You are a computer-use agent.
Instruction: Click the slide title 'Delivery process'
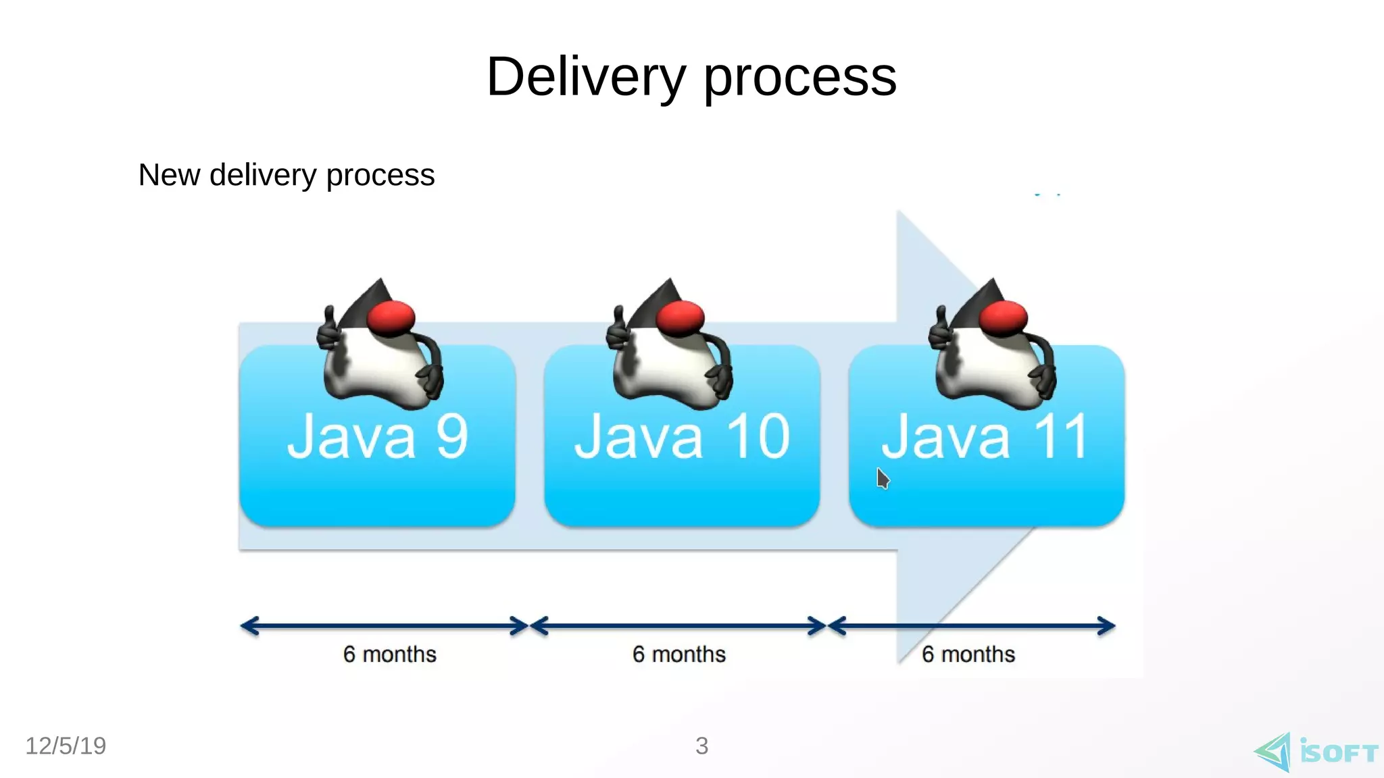pos(691,77)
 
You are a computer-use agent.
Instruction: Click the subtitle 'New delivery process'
pos(287,175)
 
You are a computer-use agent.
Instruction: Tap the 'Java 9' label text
pos(377,437)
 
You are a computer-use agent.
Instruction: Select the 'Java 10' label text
pos(682,437)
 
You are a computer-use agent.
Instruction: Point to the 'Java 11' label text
pos(985,437)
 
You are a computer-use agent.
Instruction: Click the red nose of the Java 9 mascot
pos(391,317)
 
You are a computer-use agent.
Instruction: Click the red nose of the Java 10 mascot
pos(681,317)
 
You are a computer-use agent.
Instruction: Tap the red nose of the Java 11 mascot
pos(1004,317)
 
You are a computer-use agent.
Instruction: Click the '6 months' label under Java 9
pos(390,654)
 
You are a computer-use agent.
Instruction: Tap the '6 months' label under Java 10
pos(679,654)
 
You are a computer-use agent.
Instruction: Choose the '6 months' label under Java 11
pos(968,654)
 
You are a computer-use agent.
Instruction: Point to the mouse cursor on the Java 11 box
pos(882,478)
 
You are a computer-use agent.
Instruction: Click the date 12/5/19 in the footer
pos(66,746)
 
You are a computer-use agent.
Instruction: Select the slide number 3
pos(701,746)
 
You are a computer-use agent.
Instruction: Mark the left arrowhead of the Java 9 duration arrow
pos(249,626)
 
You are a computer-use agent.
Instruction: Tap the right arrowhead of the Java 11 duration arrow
pos(1107,626)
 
